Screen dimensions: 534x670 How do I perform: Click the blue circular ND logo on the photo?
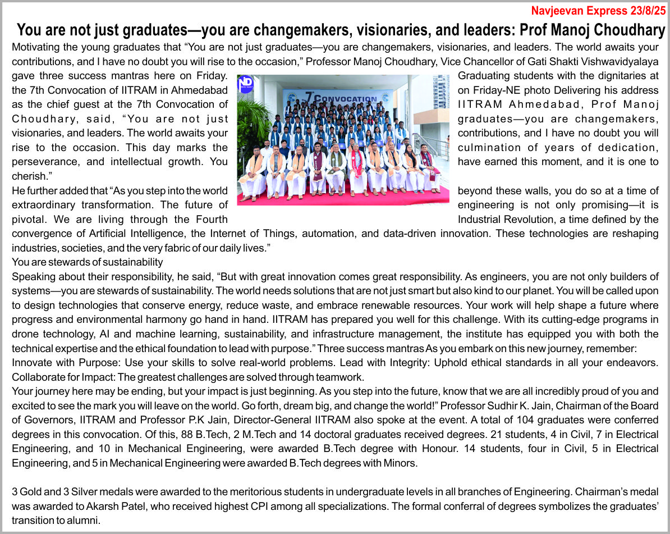click(246, 84)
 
